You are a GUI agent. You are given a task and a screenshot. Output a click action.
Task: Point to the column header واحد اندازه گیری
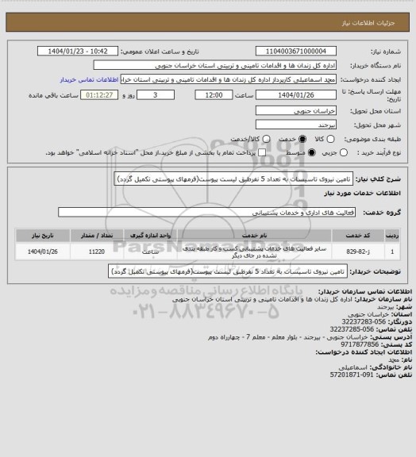pos(155,235)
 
